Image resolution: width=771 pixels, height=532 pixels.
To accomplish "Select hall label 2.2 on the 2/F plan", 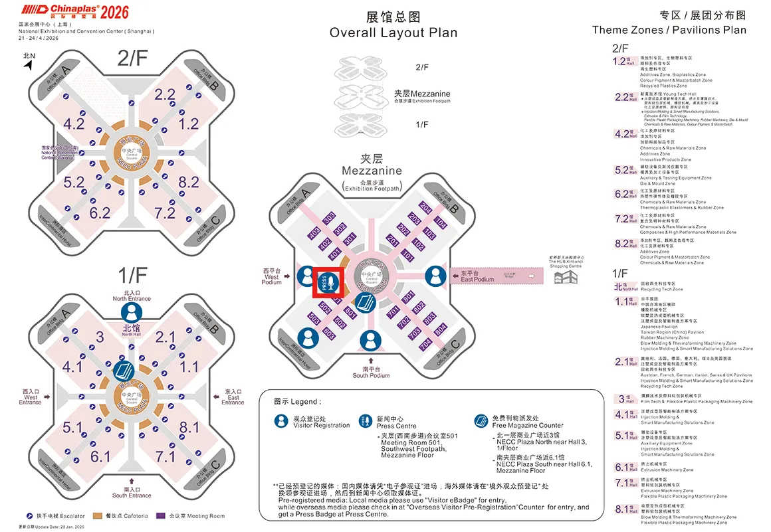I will (164, 94).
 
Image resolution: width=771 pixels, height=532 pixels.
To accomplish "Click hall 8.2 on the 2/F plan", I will (188, 182).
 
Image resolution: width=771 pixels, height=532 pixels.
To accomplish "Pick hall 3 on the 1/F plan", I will (100, 337).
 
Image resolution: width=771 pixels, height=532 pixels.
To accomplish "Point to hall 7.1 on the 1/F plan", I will (164, 456).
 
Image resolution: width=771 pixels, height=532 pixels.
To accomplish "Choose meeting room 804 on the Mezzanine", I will (440, 330).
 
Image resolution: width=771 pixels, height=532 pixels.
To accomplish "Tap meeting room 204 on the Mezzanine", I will (426, 208).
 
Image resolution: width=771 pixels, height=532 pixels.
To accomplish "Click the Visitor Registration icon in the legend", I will (282, 421).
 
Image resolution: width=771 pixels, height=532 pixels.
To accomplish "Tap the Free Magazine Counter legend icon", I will (481, 421).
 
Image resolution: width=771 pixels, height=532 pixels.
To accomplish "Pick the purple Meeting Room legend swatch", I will (160, 515).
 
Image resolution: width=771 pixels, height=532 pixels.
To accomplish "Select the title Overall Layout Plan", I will (393, 33).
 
